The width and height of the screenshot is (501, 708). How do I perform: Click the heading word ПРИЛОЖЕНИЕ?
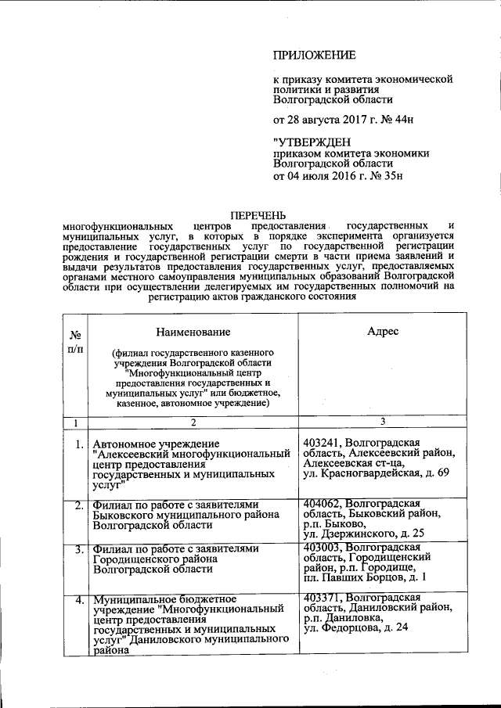tap(314, 55)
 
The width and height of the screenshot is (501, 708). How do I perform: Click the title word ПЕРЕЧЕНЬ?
tap(258, 214)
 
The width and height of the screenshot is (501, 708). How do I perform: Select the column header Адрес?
tap(383, 332)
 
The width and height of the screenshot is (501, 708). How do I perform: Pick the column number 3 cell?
tap(383, 422)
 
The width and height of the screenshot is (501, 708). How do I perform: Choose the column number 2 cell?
tap(193, 422)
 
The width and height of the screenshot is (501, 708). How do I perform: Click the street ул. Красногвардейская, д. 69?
tap(376, 474)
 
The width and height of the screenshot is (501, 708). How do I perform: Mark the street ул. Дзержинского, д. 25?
tap(364, 534)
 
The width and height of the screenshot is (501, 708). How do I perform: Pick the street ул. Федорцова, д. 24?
tap(355, 627)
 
